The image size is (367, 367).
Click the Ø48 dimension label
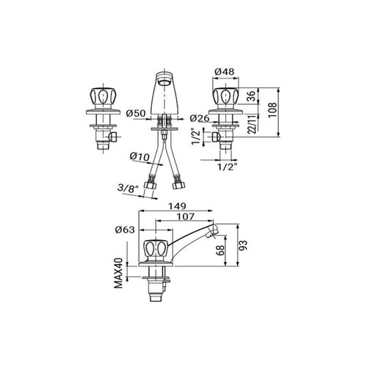(x=225, y=72)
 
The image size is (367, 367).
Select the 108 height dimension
(x=272, y=110)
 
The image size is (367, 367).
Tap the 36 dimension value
(x=251, y=96)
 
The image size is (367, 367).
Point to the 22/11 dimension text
(x=251, y=124)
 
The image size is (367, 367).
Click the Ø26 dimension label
(x=200, y=118)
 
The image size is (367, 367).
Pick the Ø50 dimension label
(x=136, y=113)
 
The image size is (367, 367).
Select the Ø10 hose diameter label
(x=139, y=156)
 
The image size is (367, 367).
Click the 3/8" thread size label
(x=128, y=189)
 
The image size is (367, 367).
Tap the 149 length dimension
(x=177, y=206)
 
